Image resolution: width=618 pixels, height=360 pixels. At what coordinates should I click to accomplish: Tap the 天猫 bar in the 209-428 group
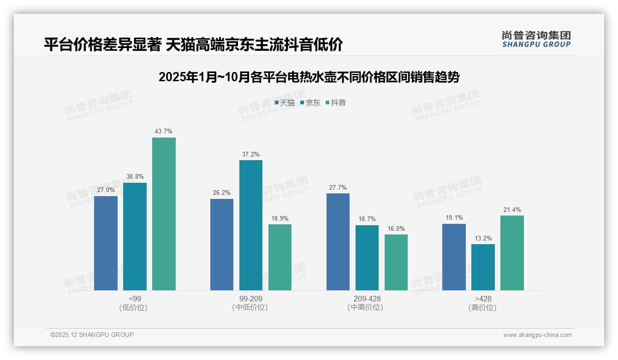(338, 242)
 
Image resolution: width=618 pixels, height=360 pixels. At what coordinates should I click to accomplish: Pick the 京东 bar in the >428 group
(483, 267)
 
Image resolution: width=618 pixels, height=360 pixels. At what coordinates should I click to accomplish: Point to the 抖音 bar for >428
(512, 253)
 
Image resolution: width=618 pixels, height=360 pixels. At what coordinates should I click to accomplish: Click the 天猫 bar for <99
(106, 243)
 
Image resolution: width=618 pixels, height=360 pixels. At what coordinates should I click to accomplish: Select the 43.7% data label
(164, 132)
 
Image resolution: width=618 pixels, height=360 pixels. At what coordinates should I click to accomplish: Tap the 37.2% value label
(250, 154)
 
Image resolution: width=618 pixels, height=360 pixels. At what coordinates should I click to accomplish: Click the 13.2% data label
(483, 238)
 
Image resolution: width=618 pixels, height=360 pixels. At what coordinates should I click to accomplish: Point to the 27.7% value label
(338, 187)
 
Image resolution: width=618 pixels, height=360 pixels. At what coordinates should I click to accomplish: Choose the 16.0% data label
(396, 228)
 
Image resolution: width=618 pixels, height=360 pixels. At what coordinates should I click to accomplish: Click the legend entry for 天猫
(285, 103)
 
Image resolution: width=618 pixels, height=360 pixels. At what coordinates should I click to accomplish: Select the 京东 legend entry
(310, 103)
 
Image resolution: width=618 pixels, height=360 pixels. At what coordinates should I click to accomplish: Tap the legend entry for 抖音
(336, 103)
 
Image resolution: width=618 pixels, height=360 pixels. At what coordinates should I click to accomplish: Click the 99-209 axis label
(251, 299)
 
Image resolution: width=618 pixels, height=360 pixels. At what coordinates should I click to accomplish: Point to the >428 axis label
(483, 299)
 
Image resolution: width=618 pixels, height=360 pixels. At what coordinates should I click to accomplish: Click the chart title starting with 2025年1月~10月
(309, 77)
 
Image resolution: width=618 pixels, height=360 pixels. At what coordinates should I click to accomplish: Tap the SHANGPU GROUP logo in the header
(536, 39)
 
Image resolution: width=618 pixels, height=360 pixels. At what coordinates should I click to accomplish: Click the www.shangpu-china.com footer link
(537, 335)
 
